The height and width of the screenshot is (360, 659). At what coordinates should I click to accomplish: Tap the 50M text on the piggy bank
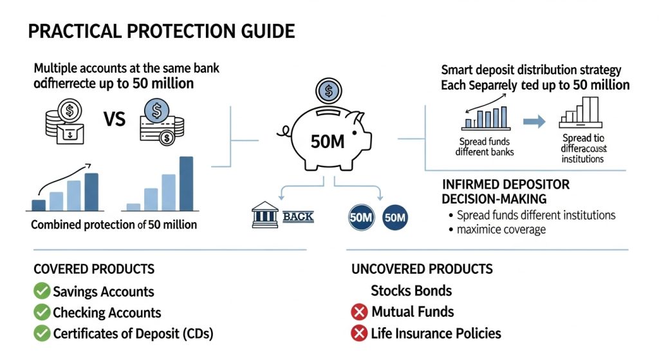(x=328, y=142)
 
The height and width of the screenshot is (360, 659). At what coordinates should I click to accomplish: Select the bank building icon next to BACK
(x=266, y=216)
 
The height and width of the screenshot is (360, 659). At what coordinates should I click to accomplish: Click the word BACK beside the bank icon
(x=298, y=216)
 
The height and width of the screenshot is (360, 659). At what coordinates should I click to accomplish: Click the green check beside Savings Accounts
(x=42, y=292)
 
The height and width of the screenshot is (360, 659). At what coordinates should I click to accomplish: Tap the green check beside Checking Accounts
(x=42, y=313)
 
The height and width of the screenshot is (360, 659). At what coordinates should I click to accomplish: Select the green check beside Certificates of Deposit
(x=42, y=334)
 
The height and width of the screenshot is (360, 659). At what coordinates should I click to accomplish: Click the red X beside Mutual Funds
(x=359, y=312)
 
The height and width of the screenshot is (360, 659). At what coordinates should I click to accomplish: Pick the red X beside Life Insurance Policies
(x=359, y=334)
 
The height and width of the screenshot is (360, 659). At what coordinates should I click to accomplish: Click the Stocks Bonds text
(x=411, y=290)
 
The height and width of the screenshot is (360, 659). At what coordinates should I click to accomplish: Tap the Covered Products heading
(x=94, y=269)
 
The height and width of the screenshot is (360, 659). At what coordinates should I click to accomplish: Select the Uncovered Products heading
(x=422, y=269)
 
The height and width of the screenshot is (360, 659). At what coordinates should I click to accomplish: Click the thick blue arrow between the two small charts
(x=534, y=120)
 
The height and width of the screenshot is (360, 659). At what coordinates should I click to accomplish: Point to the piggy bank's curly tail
(x=281, y=133)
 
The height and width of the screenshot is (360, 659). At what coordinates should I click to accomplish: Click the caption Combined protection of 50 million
(x=114, y=225)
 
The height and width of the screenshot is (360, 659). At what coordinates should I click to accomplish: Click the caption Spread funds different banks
(x=485, y=147)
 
